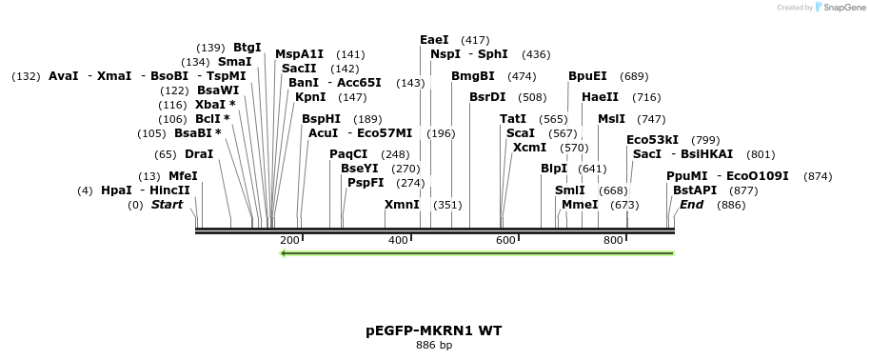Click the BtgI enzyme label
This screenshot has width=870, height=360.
point(247,47)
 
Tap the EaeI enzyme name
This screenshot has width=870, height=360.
point(435,40)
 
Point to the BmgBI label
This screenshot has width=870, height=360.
point(473,75)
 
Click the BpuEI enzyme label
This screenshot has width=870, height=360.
point(587,75)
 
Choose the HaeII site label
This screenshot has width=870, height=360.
point(600,96)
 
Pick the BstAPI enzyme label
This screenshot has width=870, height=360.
point(695,190)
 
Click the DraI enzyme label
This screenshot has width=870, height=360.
point(199,153)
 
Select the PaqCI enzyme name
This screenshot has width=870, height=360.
point(348,153)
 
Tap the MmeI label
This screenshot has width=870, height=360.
point(580,205)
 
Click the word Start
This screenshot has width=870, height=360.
point(167,205)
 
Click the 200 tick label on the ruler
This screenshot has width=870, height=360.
point(290,241)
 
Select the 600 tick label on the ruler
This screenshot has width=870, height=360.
point(505,241)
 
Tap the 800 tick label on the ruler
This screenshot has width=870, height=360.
point(613,241)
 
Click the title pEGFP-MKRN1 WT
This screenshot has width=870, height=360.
point(434,330)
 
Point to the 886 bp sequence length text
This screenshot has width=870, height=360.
point(434,345)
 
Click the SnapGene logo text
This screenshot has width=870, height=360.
point(842,8)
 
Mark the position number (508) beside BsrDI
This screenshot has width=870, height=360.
point(532,96)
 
